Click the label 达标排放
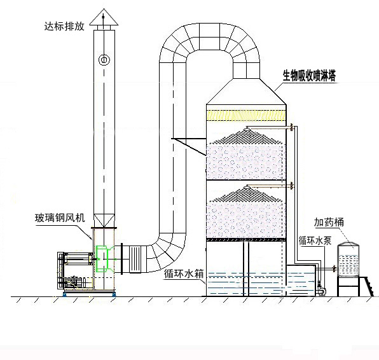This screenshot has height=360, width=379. (64, 26)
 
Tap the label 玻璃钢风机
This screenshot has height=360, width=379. (60, 218)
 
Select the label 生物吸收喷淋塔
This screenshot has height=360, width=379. (309, 76)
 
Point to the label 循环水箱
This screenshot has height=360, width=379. (184, 274)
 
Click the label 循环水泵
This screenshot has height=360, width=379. (315, 241)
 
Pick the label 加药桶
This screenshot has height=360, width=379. (329, 222)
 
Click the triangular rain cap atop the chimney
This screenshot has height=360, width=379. (104, 17)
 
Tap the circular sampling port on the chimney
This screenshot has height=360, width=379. (104, 60)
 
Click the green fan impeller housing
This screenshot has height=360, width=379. (104, 259)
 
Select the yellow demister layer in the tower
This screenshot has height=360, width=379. (246, 115)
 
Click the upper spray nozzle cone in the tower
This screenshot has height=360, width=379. (247, 135)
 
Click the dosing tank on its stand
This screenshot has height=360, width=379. (348, 259)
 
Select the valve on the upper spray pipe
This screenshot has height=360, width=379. (292, 127)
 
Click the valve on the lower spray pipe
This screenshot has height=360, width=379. (292, 186)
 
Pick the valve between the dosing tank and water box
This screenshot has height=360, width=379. (334, 268)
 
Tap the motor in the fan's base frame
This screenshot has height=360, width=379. (72, 282)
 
